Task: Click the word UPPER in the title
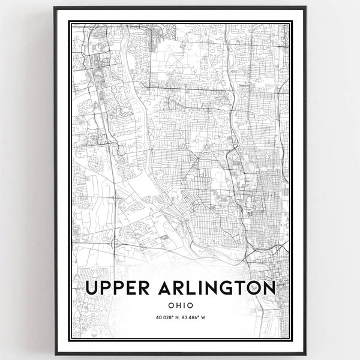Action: click(x=119, y=287)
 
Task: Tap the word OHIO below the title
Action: click(x=181, y=304)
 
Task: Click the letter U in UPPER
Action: click(x=93, y=287)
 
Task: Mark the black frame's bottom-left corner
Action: click(x=55, y=355)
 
